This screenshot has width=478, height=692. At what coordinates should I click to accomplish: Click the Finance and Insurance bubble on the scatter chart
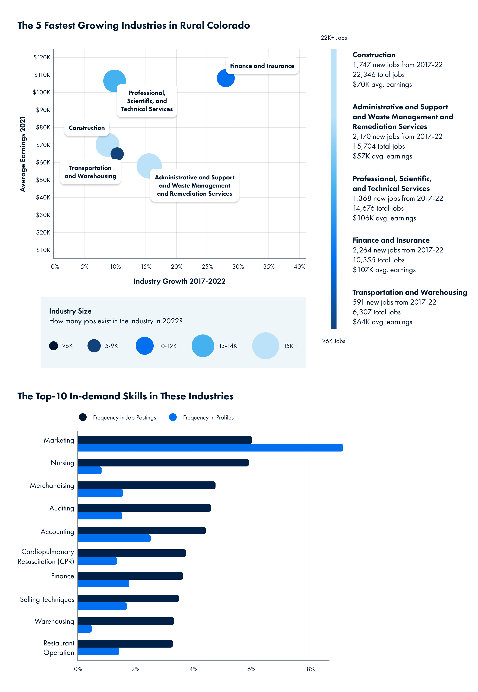(x=225, y=79)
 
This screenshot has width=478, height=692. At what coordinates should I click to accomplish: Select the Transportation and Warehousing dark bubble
(x=117, y=154)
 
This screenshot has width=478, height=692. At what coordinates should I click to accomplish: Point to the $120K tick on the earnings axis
(x=42, y=57)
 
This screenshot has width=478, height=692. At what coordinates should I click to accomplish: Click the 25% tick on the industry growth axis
(x=207, y=266)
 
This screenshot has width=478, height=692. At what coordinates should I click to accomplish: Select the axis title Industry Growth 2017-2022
(x=179, y=281)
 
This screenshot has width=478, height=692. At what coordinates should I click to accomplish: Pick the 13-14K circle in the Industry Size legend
(x=203, y=346)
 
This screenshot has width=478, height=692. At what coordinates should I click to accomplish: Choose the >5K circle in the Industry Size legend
(x=53, y=346)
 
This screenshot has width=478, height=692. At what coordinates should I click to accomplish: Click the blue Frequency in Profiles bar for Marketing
(x=210, y=447)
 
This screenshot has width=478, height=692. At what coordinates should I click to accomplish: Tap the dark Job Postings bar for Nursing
(x=163, y=462)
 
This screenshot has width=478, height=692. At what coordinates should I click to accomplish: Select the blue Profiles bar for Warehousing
(x=85, y=629)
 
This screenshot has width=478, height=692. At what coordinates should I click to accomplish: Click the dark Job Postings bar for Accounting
(x=141, y=531)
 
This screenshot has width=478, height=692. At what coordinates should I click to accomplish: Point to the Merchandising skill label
(x=52, y=485)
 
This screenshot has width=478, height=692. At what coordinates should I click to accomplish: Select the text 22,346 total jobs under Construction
(x=379, y=75)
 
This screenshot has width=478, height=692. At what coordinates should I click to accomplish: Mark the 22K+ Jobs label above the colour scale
(x=334, y=38)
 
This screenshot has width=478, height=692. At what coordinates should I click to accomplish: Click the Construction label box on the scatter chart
(x=87, y=128)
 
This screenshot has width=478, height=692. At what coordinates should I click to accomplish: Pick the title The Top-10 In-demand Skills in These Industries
(x=125, y=396)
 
